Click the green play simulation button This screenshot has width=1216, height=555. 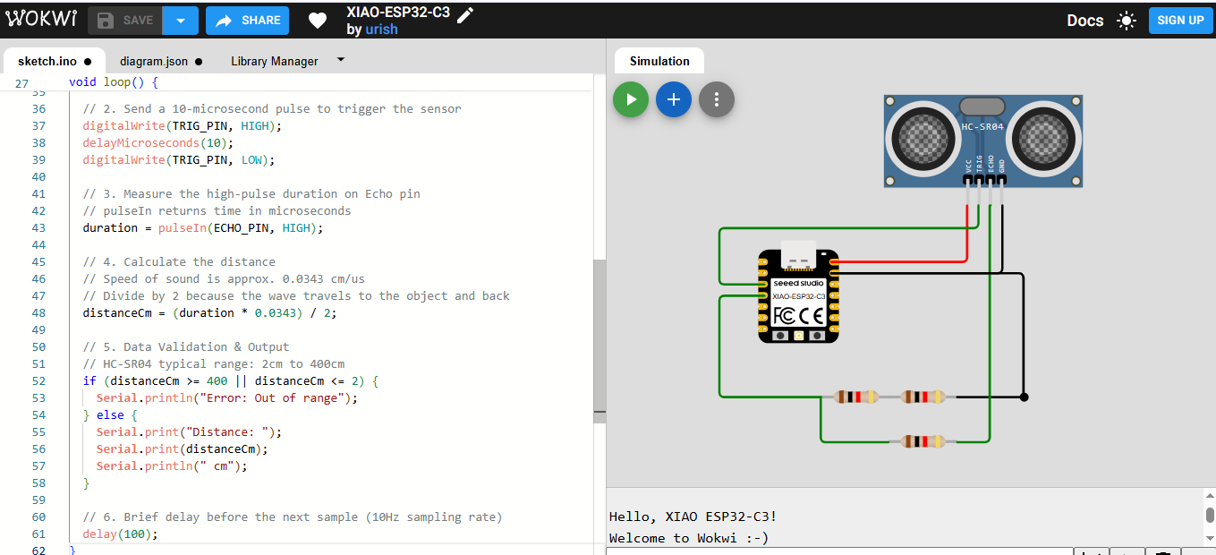point(631,100)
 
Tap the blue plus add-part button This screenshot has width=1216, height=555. point(674,100)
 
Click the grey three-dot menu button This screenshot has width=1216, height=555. point(717,100)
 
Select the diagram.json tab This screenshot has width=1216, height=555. point(154,61)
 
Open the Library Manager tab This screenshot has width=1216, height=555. point(274,61)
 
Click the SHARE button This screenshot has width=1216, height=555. point(248,20)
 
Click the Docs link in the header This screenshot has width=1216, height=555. point(1084,20)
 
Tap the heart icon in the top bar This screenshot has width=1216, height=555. point(318,20)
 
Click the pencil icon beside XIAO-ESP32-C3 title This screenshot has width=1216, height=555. point(465,13)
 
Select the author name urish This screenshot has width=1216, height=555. point(381,30)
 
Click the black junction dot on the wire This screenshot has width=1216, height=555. point(1025,397)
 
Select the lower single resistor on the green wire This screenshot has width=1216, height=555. point(923,440)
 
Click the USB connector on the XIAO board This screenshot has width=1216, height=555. point(799,256)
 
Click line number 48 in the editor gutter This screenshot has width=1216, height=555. point(38,313)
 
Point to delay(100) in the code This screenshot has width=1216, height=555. point(120,534)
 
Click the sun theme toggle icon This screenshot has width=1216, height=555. point(1127,21)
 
